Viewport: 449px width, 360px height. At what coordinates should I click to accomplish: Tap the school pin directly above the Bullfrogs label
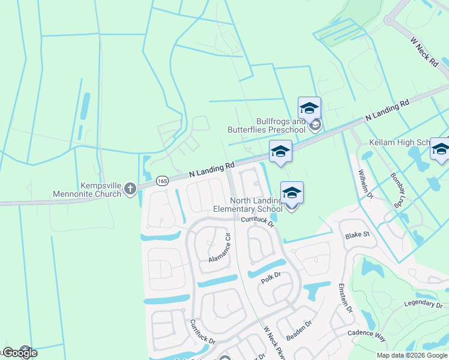tap(309, 108)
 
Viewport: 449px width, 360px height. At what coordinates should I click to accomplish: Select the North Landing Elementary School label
tap(249, 205)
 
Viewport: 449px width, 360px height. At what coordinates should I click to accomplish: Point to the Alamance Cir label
tap(220, 248)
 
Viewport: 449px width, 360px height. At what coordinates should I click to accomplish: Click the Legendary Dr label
tap(426, 304)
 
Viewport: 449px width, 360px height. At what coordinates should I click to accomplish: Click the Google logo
tap(20, 353)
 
